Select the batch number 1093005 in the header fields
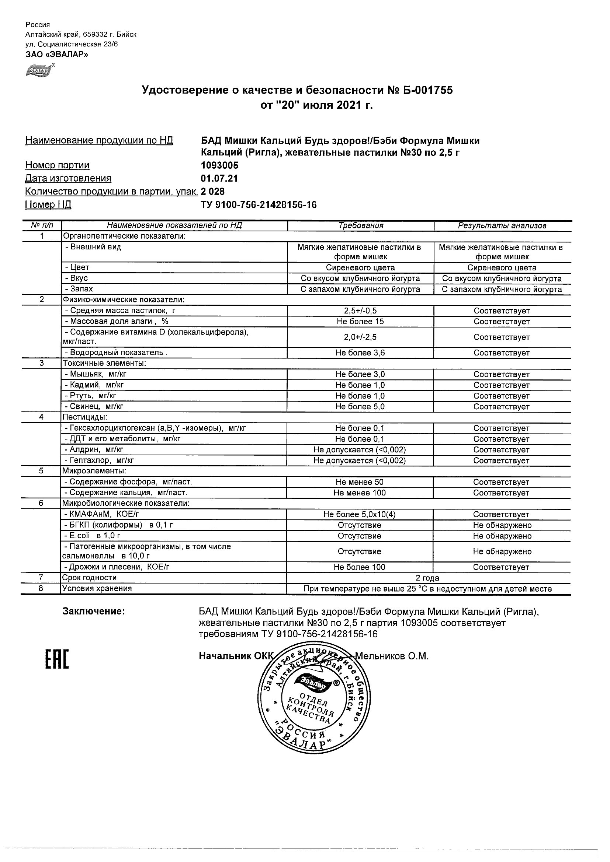pyautogui.click(x=219, y=165)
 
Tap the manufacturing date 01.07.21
pyautogui.click(x=219, y=178)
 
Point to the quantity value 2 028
pyautogui.click(x=213, y=192)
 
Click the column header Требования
pyautogui.click(x=360, y=226)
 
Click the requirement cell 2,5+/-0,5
pyautogui.click(x=360, y=311)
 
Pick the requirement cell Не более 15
pyautogui.click(x=360, y=322)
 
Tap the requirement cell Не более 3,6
pyautogui.click(x=360, y=353)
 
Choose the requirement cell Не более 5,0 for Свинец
pyautogui.click(x=360, y=407)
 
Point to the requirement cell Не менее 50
pyautogui.click(x=360, y=482)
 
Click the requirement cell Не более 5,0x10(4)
pyautogui.click(x=360, y=514)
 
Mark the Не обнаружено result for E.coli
pyautogui.click(x=502, y=536)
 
